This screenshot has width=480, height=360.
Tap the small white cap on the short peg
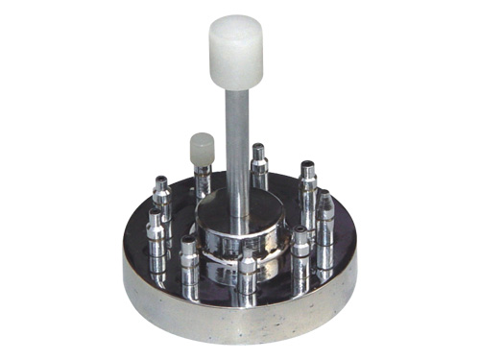[202, 147]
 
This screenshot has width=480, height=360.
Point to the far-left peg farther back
[162, 202]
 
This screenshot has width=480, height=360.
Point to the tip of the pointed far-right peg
[325, 197]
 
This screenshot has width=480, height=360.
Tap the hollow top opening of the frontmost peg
[249, 253]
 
